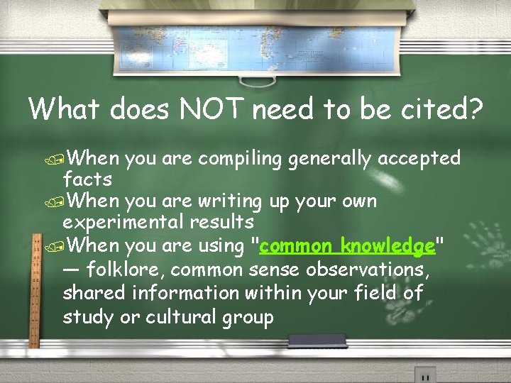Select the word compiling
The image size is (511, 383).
tap(241, 158)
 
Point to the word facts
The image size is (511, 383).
tap(87, 179)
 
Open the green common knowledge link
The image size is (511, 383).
tap(347, 246)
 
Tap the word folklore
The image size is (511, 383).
tap(126, 270)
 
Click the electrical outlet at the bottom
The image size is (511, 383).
tap(424, 374)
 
